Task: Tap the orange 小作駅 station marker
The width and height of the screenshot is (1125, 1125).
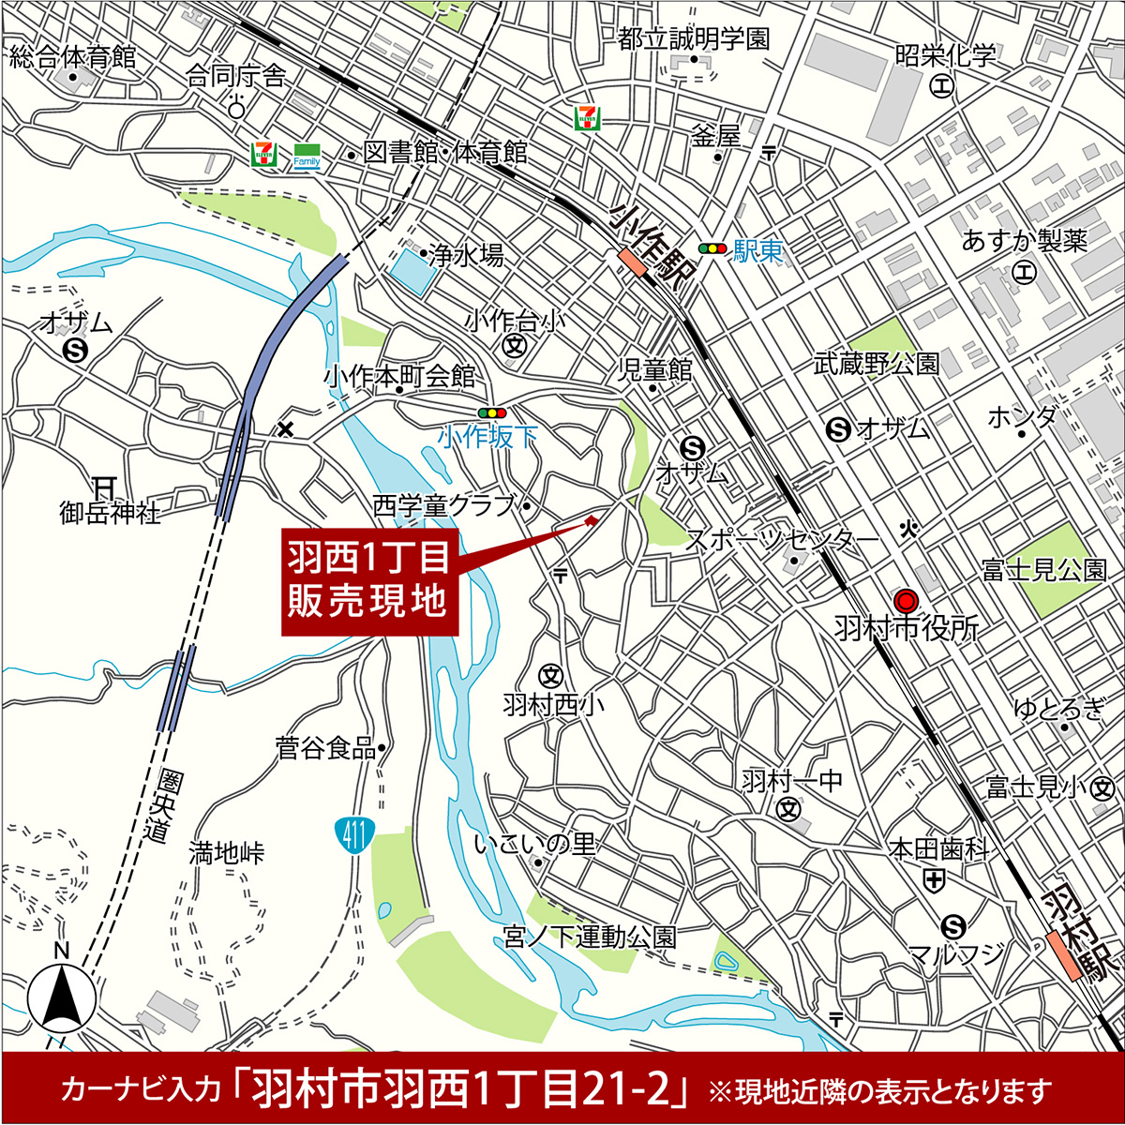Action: (633, 262)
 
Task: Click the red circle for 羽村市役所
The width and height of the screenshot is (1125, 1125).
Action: (906, 600)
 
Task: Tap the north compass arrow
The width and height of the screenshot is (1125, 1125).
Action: (62, 996)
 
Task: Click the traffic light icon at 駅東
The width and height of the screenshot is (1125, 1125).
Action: (712, 249)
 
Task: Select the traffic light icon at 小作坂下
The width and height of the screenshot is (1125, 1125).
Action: (491, 412)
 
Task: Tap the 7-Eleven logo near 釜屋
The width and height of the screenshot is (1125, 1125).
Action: (588, 116)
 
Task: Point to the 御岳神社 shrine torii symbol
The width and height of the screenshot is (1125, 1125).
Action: (103, 487)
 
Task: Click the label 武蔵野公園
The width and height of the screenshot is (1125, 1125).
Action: (877, 364)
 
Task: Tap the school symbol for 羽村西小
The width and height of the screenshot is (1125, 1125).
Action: (550, 675)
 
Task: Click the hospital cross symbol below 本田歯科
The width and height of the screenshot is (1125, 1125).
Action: (934, 879)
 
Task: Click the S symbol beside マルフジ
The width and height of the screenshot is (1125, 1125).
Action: (954, 927)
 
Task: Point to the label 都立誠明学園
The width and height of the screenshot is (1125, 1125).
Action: (694, 38)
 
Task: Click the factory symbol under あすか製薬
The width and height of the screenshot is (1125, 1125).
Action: (1025, 273)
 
